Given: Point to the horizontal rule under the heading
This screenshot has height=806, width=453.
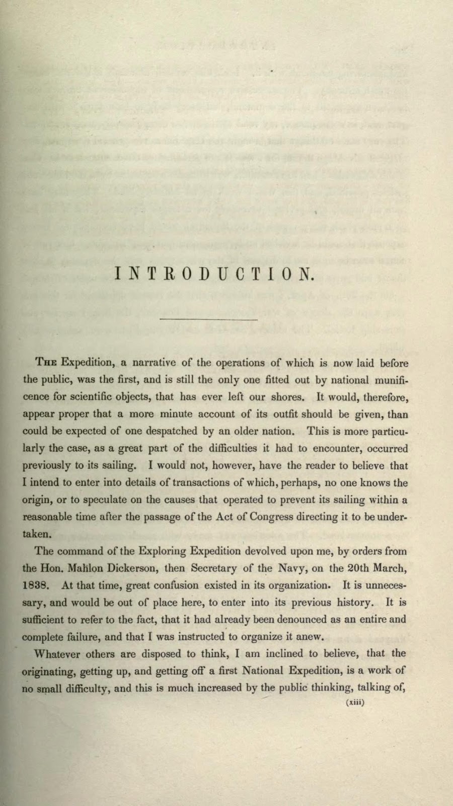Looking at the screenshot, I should (x=208, y=319).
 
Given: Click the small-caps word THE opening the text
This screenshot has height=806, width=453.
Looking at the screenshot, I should (x=46, y=363).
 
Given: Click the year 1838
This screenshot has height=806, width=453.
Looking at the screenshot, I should (x=36, y=585).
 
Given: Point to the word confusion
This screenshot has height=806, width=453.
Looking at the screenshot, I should (x=175, y=585).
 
